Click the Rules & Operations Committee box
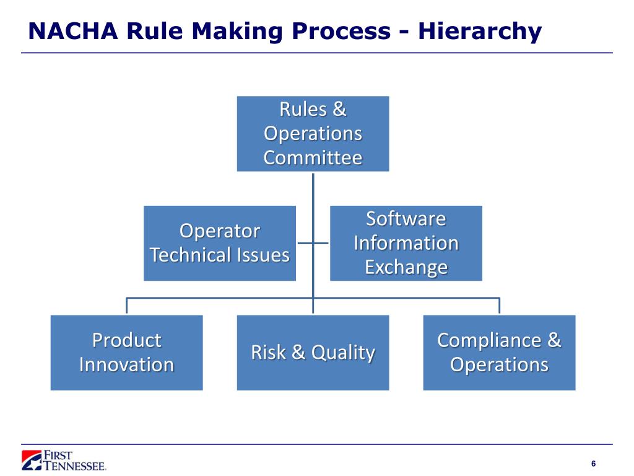pyautogui.click(x=313, y=134)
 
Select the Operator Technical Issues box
pyautogui.click(x=220, y=243)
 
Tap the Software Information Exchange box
pyautogui.click(x=406, y=243)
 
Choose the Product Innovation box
pyautogui.click(x=126, y=353)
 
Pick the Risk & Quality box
pyautogui.click(x=313, y=353)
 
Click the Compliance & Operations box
pyautogui.click(x=500, y=353)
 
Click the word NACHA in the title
pyautogui.click(x=73, y=31)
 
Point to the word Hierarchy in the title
pyautogui.click(x=480, y=32)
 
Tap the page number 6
pyautogui.click(x=594, y=464)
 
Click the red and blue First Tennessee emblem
pyautogui.click(x=32, y=461)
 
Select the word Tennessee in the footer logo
pyautogui.click(x=75, y=465)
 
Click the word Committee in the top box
pyautogui.click(x=313, y=157)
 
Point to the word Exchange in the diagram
pyautogui.click(x=406, y=268)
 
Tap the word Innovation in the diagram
pyautogui.click(x=126, y=364)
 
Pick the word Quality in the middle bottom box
pyautogui.click(x=343, y=353)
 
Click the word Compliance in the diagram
pyautogui.click(x=489, y=340)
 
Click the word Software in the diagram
pyautogui.click(x=406, y=219)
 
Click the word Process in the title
pyautogui.click(x=341, y=31)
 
